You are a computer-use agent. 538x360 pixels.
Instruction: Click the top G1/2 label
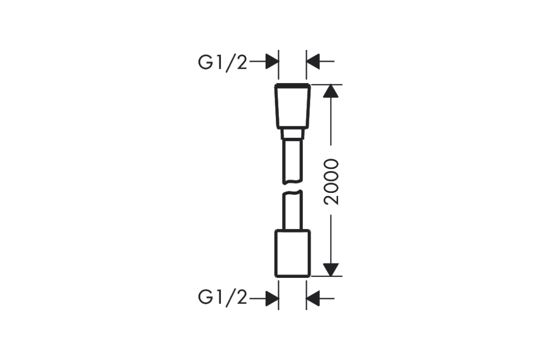coord(222,63)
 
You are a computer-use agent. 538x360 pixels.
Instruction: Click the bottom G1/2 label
coord(222,298)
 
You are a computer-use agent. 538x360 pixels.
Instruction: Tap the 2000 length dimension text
coord(331,182)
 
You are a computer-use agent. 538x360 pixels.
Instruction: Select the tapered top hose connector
coord(293,106)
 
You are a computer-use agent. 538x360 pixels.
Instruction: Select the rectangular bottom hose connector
coord(293,253)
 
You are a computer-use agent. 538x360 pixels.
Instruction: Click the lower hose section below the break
coord(293,210)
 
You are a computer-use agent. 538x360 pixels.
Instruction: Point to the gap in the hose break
coord(293,187)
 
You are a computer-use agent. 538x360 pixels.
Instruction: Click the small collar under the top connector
coord(293,134)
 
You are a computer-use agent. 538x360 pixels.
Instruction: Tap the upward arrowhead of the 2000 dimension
coord(331,91)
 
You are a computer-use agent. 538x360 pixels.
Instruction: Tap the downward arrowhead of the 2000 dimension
coord(331,270)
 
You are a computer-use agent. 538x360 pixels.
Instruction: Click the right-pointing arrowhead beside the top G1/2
coord(272,62)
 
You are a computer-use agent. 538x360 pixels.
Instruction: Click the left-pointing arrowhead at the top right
coord(313,62)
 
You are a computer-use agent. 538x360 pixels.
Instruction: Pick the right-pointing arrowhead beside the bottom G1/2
coord(272,299)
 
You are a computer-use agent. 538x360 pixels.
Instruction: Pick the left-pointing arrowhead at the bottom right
coord(313,299)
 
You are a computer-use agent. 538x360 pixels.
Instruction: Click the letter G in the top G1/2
coord(206,62)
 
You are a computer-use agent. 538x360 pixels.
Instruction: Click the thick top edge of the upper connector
coord(293,84)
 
